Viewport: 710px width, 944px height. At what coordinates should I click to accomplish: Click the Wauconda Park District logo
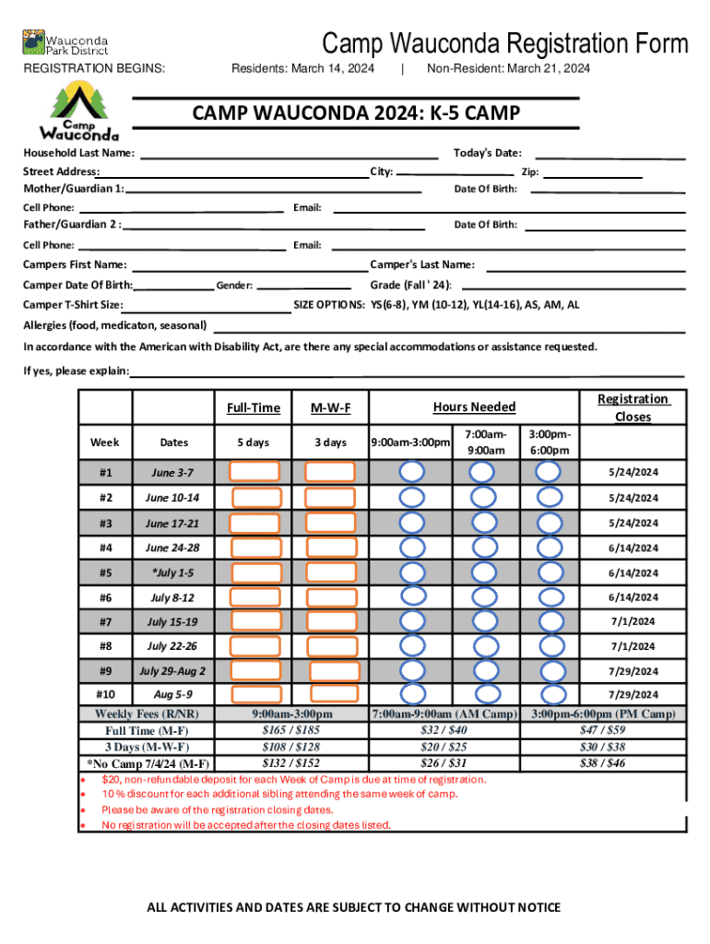65,43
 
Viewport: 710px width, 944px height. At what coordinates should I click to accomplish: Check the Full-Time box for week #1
256,472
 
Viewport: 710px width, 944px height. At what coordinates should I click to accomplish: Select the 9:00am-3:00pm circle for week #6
412,596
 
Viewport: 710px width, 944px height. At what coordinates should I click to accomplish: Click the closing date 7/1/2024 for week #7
632,621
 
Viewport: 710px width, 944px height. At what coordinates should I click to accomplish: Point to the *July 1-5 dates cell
173,572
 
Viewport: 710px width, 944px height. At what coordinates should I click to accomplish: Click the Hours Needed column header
474,407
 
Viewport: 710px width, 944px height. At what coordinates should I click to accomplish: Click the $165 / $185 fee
293,730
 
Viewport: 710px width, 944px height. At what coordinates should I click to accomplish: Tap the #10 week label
106,693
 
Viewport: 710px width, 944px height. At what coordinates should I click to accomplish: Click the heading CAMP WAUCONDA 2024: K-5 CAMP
356,113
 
